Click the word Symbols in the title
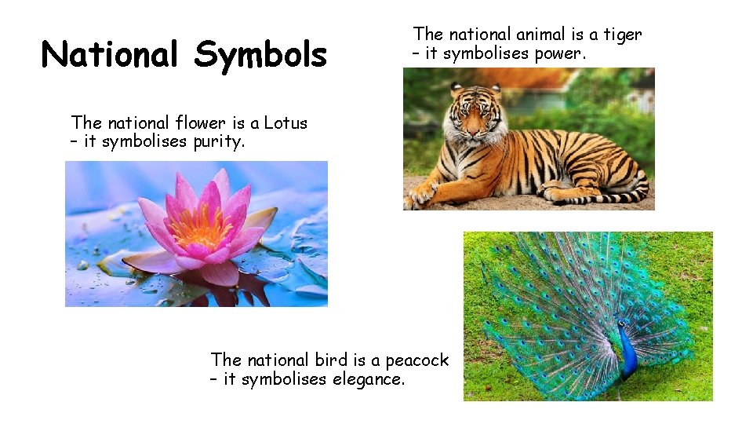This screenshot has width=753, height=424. coord(260,55)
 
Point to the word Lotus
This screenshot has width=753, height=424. coord(286,122)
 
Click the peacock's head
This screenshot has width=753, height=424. coord(622,324)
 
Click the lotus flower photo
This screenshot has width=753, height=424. coord(196,234)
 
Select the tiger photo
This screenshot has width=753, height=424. coord(529,139)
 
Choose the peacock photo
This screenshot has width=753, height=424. coord(588,316)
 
